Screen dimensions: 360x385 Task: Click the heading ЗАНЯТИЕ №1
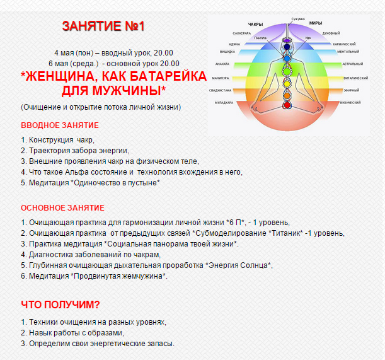click(105, 26)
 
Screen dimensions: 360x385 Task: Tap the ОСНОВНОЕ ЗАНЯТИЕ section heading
click(62, 208)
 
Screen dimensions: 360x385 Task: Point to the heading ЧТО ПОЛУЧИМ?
click(60, 305)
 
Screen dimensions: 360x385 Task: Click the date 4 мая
click(67, 52)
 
